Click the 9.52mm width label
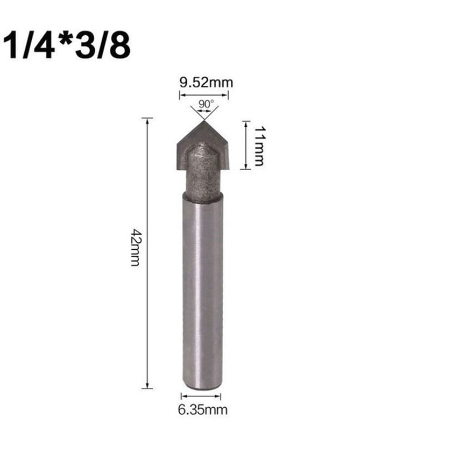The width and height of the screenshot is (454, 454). point(204,83)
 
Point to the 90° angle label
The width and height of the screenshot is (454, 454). point(205,103)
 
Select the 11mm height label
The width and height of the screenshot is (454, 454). point(258,146)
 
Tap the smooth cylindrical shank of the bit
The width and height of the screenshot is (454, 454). point(202,281)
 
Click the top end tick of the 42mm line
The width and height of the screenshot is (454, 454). point(147,118)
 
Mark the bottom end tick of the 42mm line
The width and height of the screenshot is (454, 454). point(147,388)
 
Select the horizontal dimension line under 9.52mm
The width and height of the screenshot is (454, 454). point(204,95)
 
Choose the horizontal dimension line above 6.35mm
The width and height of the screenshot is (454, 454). point(201,396)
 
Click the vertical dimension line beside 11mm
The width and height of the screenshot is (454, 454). point(245,145)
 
